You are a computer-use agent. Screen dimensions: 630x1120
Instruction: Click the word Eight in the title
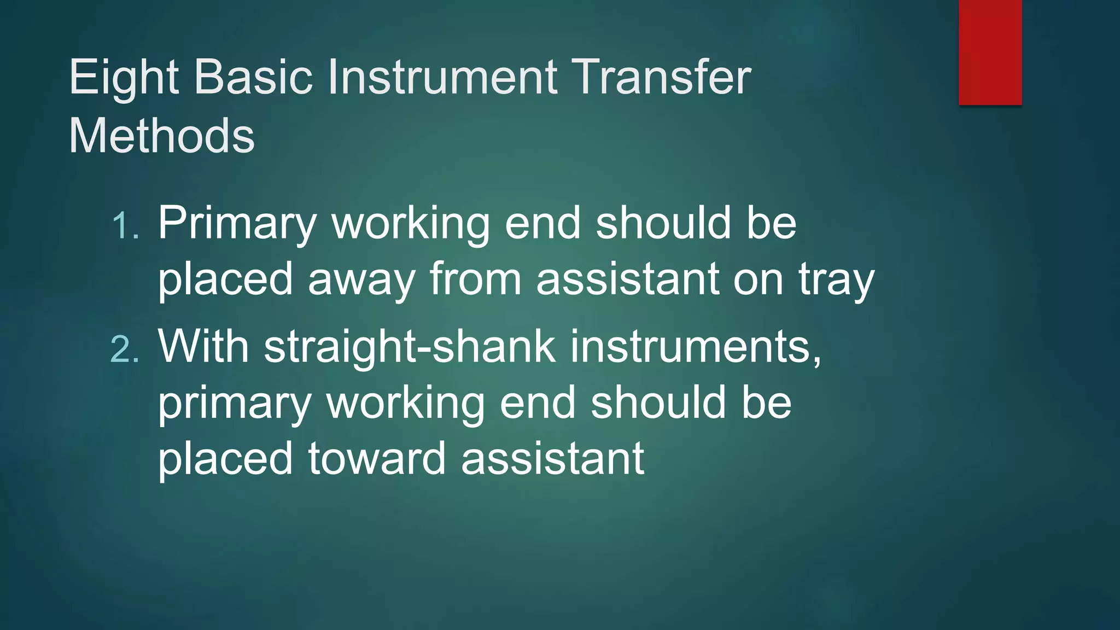124,79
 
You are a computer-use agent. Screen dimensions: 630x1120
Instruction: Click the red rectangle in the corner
990,52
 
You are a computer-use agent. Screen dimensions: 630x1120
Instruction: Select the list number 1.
125,225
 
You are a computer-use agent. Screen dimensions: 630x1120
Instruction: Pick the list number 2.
125,349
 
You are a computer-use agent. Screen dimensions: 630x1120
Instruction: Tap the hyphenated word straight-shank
410,347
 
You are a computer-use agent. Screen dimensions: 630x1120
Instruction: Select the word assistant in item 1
627,279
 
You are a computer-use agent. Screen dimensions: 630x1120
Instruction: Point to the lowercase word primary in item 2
235,404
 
